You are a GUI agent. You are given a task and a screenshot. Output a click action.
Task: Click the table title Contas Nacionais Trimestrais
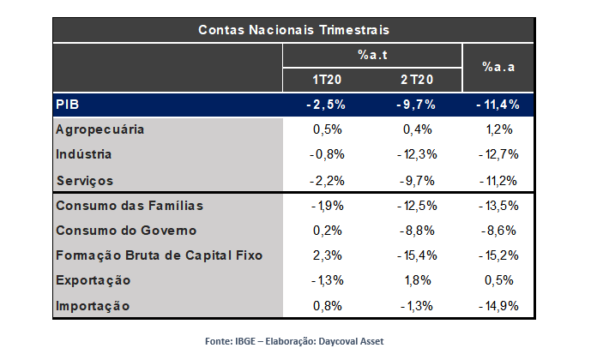(x=294, y=29)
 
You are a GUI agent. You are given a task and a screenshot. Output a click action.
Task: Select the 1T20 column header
(x=329, y=80)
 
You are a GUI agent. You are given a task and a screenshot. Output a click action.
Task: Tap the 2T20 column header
(x=416, y=80)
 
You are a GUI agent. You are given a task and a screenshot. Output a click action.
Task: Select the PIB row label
(x=68, y=105)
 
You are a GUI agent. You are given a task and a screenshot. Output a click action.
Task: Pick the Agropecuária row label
(x=99, y=129)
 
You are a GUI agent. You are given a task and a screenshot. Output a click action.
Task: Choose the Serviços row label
(x=84, y=181)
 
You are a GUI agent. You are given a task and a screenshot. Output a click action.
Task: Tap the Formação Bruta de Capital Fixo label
(x=159, y=255)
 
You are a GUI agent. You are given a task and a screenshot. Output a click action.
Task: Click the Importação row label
(x=92, y=305)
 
